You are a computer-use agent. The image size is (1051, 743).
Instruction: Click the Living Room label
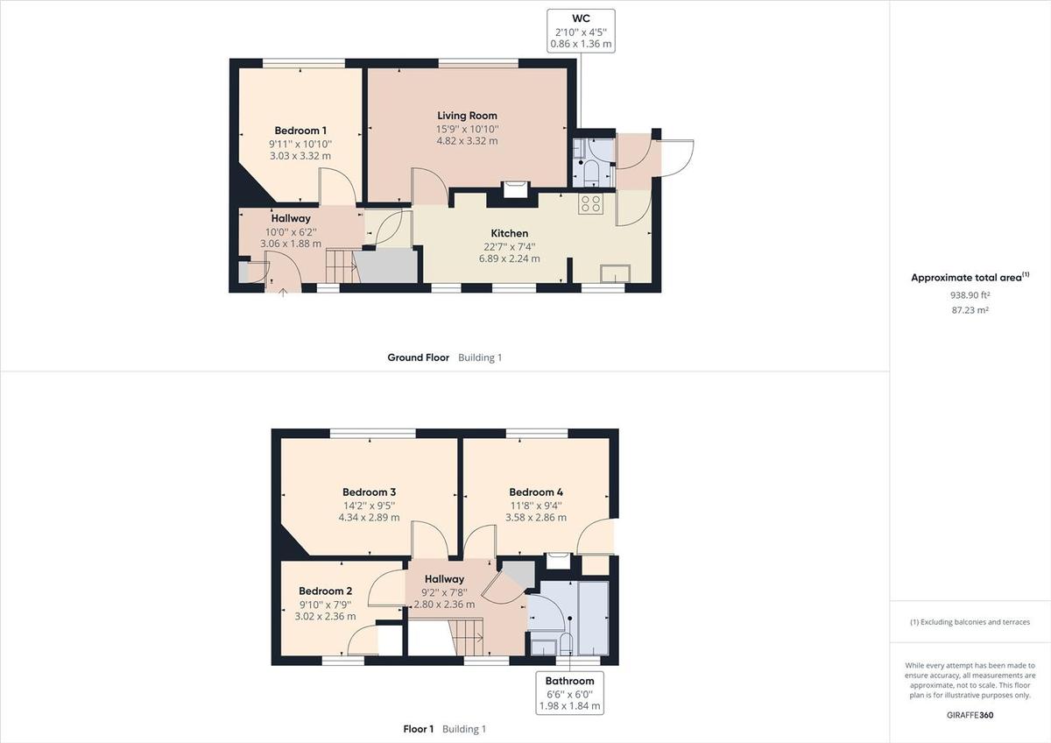click(467, 116)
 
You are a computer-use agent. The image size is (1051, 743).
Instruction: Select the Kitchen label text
click(509, 233)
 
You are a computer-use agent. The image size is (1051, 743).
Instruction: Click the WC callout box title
click(581, 17)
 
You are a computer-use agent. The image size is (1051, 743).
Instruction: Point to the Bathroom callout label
click(569, 681)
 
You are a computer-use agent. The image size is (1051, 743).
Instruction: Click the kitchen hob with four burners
click(590, 204)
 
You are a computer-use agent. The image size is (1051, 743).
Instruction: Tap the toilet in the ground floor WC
click(590, 169)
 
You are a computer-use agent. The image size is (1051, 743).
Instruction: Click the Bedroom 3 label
click(369, 492)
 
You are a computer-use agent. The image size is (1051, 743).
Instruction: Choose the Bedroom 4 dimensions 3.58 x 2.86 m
click(536, 518)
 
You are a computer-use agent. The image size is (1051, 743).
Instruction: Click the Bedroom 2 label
click(325, 591)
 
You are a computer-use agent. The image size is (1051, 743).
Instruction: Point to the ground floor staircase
click(341, 265)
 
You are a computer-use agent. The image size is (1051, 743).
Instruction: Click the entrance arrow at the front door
click(283, 292)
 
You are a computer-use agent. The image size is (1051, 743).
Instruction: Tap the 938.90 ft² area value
click(970, 295)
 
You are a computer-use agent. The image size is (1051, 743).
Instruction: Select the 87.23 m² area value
click(970, 310)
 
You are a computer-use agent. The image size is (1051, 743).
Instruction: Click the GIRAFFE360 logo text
click(970, 715)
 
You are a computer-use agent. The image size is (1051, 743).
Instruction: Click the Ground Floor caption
click(418, 357)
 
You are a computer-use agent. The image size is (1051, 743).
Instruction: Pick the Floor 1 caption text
click(418, 729)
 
